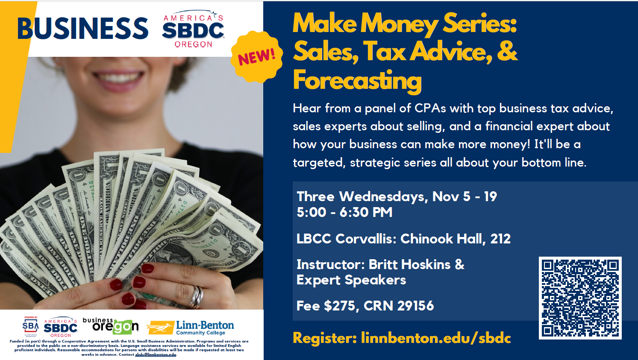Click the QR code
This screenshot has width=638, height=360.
(580, 298)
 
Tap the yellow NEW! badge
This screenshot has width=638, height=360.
(257, 56)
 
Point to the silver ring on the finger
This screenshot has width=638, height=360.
(197, 297)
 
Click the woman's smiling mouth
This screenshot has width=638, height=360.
(119, 80)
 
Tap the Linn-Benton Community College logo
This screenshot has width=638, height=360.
(190, 328)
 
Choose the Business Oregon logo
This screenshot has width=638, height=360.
(111, 326)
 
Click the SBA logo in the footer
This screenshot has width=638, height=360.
(30, 326)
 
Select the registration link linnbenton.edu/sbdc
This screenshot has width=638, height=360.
(436, 338)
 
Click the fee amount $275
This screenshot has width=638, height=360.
(339, 306)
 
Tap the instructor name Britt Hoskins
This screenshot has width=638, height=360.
(409, 264)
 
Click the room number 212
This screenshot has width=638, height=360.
(500, 239)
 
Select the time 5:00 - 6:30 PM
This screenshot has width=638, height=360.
(344, 212)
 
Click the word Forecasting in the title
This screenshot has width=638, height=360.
(357, 81)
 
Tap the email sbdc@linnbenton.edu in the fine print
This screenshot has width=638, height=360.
(156, 354)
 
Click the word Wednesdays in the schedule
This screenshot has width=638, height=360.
(383, 197)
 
